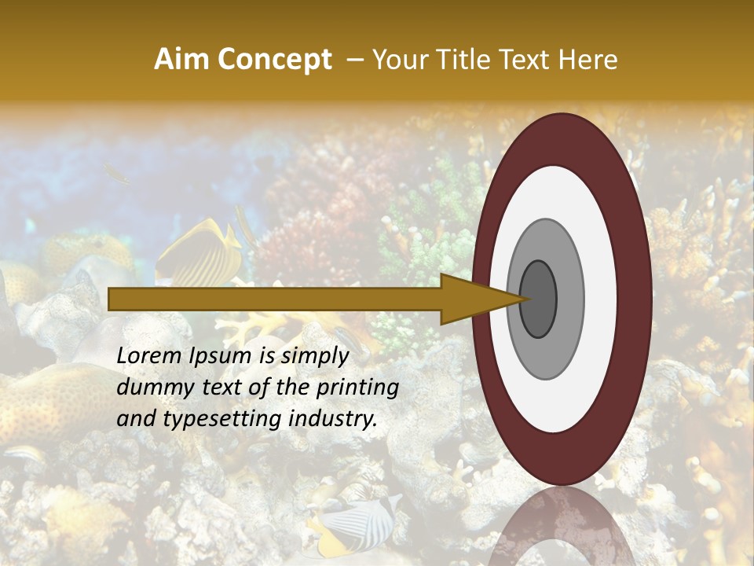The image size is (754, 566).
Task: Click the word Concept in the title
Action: (x=273, y=60)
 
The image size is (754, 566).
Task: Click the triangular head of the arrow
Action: (x=471, y=299)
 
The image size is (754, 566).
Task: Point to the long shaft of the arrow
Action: (x=275, y=299)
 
